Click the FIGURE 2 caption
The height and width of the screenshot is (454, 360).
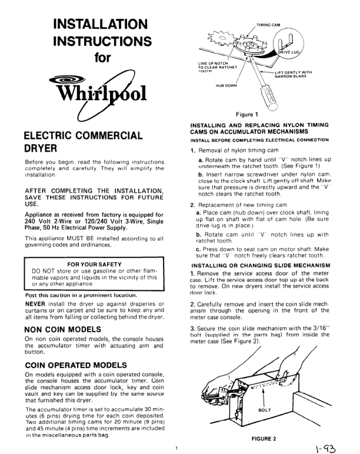(x=265, y=438)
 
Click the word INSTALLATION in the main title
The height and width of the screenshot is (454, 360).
(x=99, y=25)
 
